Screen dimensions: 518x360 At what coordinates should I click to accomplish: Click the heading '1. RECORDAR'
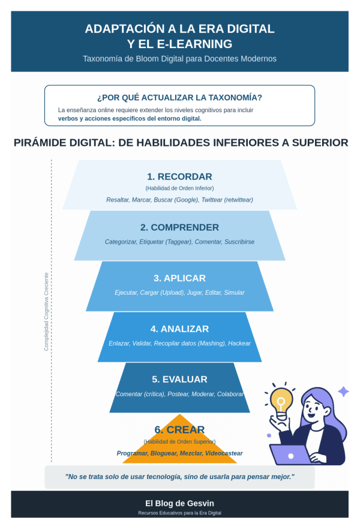pos(179,176)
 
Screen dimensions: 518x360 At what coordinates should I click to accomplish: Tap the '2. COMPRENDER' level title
pos(179,227)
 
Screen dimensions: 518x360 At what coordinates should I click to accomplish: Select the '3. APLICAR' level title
pos(179,278)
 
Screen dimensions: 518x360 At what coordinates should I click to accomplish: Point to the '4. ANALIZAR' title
pos(179,329)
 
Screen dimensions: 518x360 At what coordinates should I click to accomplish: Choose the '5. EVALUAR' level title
pos(179,379)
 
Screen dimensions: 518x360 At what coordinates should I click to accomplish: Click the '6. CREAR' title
pos(179,430)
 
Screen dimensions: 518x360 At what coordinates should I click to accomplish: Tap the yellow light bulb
pos(281,400)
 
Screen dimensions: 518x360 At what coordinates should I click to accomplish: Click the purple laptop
pos(290,454)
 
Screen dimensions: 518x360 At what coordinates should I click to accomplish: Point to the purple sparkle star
pos(343,391)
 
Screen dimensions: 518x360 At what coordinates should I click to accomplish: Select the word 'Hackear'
pos(239,343)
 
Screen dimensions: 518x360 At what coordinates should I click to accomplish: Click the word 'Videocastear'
pos(224,453)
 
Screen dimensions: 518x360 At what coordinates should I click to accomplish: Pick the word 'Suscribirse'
pos(239,241)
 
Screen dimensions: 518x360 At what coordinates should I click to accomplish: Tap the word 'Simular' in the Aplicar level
pos(235,292)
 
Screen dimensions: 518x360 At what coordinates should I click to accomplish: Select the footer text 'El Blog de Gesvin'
pos(179,503)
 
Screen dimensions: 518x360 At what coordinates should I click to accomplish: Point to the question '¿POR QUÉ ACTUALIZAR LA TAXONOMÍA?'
pos(179,97)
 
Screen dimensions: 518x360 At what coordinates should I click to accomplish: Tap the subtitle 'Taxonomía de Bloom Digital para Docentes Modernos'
pos(179,59)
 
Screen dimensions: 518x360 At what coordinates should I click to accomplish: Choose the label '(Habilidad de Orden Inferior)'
pos(179,188)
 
